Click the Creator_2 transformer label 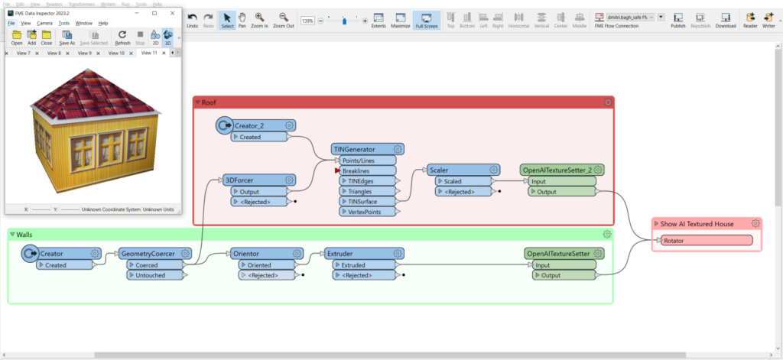[x=252, y=125]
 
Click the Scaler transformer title [x=439, y=170]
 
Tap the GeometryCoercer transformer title [x=147, y=253]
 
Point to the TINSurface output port [x=364, y=201]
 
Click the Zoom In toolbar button [x=260, y=20]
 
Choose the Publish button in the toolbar [x=677, y=20]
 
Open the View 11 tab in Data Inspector [x=149, y=54]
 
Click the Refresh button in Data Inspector [x=122, y=37]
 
